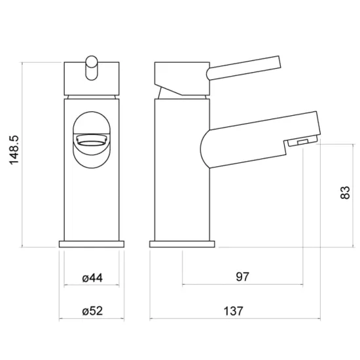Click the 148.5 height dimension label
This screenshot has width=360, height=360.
point(14,150)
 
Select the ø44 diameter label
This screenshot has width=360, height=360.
point(92,278)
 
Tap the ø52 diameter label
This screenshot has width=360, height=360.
point(92,311)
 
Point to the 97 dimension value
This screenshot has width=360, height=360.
point(242,277)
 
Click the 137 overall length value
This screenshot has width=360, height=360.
point(233,312)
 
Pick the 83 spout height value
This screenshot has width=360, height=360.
point(345,192)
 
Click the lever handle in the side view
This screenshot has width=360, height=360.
point(243,68)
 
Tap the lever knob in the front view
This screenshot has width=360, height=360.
point(92,68)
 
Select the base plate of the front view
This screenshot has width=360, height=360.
point(92,244)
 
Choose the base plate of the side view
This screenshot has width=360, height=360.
point(182,244)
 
